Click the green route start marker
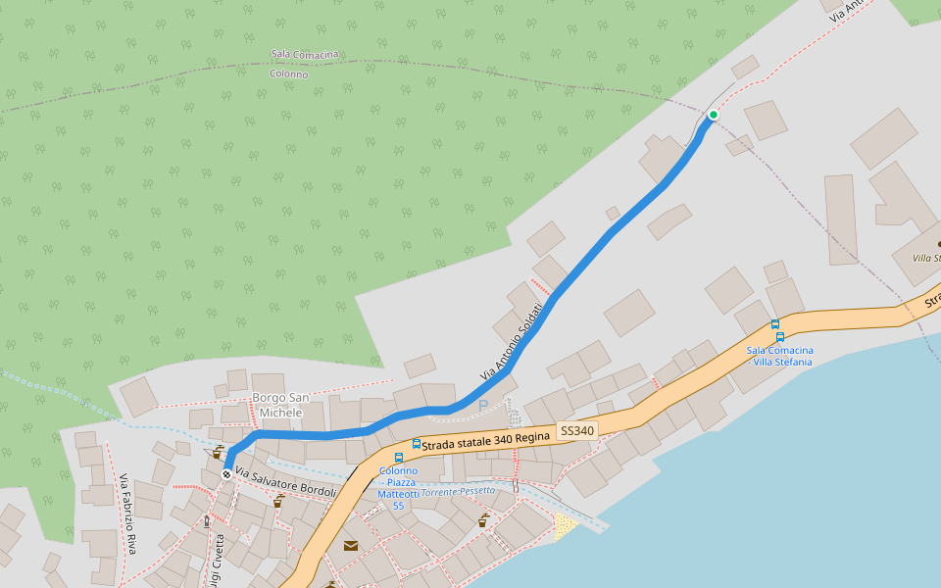[x=714, y=115]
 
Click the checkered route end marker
[x=227, y=474]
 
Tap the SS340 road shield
[x=577, y=430]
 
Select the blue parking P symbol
[x=482, y=405]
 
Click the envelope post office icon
[x=350, y=546]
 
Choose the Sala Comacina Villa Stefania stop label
[x=779, y=356]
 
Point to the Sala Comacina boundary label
[x=305, y=56]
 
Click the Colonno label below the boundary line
[x=288, y=73]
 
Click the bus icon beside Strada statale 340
[x=417, y=444]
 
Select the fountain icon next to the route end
[x=218, y=454]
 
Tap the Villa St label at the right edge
[x=925, y=258]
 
